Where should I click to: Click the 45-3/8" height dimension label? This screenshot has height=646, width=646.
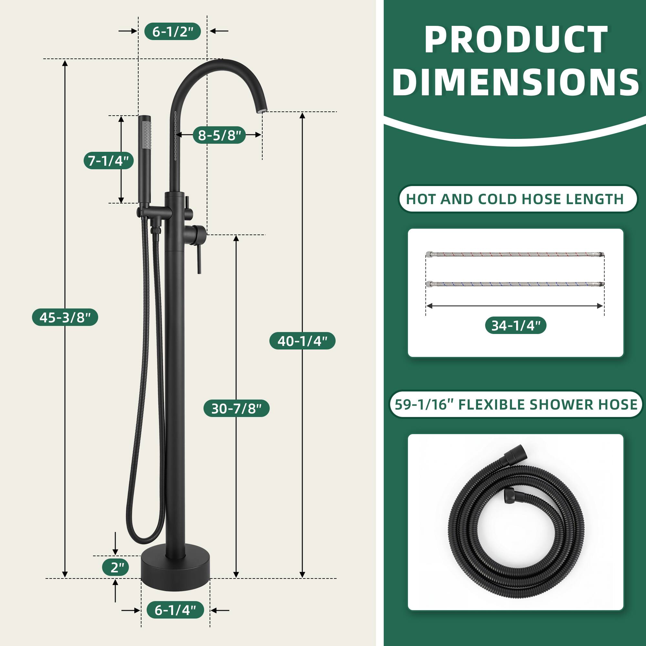(65, 317)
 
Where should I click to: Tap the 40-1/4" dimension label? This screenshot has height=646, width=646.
(302, 341)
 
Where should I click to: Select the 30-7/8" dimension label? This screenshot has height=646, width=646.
(236, 408)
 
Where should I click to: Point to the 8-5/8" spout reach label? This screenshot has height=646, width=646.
(219, 135)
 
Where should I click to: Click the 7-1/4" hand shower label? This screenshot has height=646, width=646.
(108, 161)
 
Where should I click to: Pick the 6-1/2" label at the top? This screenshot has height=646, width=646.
(172, 31)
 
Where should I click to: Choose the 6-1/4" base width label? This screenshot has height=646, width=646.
(175, 610)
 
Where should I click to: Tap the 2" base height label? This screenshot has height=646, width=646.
(115, 567)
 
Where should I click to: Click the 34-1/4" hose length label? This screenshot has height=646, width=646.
(516, 325)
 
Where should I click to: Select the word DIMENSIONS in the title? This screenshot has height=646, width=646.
(515, 82)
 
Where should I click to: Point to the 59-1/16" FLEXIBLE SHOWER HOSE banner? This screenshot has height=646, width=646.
(516, 404)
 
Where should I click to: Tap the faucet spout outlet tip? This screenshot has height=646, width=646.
(262, 110)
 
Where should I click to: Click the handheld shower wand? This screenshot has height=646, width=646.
(144, 157)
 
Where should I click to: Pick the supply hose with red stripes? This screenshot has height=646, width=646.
(515, 255)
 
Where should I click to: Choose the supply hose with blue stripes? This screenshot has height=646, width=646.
(515, 284)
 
